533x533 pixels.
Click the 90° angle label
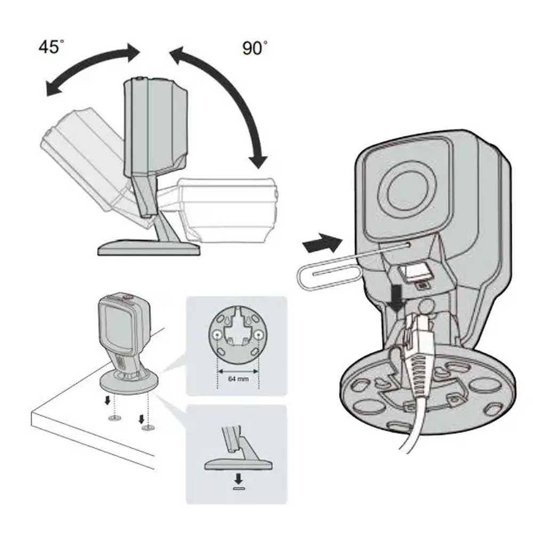click(254, 48)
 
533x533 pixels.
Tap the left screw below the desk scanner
click(112, 418)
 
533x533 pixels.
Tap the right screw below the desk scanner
click(146, 427)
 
